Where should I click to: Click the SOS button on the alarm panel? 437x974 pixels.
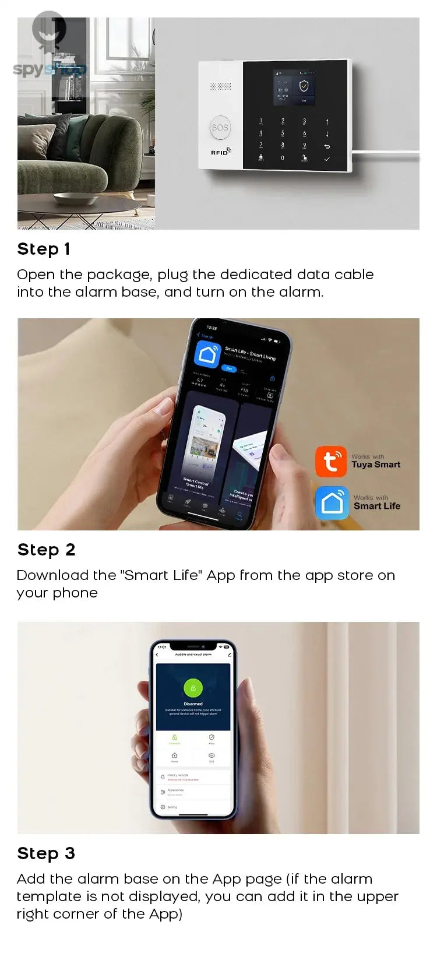[x=220, y=128]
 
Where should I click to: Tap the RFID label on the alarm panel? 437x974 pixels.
[x=220, y=152]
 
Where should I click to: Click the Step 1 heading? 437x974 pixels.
[x=44, y=249]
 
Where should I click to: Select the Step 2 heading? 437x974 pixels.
[x=46, y=550]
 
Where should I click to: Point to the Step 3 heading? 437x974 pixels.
[x=46, y=853]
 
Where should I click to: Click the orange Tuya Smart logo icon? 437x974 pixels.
[x=331, y=462]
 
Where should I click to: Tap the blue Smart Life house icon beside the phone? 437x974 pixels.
[x=332, y=502]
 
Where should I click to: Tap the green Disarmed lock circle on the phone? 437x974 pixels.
[x=193, y=688]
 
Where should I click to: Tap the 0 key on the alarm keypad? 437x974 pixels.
[x=283, y=158]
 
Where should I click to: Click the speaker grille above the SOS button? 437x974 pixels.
[x=220, y=86]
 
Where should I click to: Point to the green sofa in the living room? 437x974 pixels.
[x=82, y=140]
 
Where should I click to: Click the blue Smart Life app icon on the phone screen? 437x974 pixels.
[x=207, y=354]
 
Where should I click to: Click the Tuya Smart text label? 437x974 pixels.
[x=376, y=465]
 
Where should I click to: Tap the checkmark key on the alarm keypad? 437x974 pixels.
[x=327, y=159]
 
